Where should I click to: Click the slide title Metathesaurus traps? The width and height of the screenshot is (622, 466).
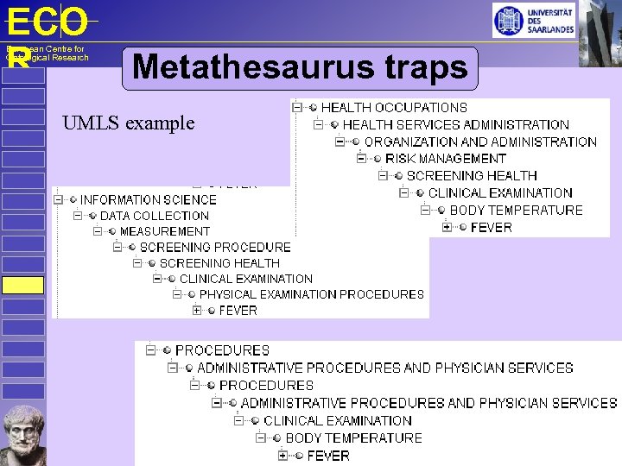(300, 67)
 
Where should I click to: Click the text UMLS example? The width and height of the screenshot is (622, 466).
(129, 123)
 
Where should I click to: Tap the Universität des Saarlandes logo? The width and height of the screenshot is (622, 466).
(533, 20)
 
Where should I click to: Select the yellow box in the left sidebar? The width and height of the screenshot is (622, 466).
(22, 286)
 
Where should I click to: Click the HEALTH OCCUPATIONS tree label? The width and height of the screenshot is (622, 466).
(394, 108)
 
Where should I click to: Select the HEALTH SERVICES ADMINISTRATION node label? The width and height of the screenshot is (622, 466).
(455, 125)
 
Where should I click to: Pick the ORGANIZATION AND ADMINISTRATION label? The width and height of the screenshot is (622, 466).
(480, 142)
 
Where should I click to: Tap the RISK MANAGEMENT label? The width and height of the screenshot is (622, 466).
(446, 159)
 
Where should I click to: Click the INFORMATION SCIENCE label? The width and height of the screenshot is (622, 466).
(149, 200)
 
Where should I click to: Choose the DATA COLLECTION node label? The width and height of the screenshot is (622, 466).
(155, 216)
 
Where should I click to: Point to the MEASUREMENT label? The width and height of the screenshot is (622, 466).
(165, 231)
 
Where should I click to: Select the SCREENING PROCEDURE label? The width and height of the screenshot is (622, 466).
(215, 247)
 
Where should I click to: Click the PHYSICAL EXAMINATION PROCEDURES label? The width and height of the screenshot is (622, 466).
(312, 294)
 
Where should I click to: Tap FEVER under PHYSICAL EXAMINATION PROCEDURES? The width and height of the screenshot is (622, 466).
(238, 310)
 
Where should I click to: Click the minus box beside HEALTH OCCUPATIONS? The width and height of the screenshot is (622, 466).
(297, 108)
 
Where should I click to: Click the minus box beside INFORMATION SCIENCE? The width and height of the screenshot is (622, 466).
(59, 200)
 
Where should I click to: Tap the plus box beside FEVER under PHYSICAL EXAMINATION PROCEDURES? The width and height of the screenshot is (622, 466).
(197, 310)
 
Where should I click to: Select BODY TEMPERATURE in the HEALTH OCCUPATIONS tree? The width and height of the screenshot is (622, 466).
(516, 210)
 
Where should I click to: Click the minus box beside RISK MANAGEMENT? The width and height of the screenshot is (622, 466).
(361, 159)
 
